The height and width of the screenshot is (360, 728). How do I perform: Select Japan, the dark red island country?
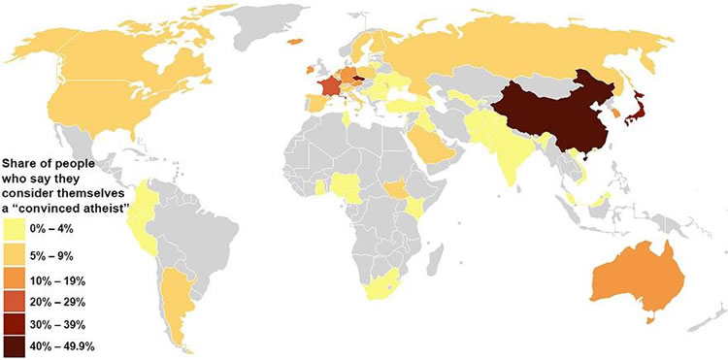[x=634, y=115]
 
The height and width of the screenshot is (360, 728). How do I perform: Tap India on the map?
[x=509, y=155]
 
